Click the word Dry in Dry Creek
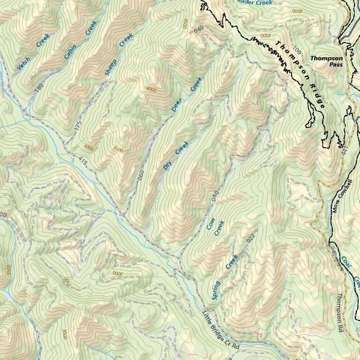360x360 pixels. click(167, 165)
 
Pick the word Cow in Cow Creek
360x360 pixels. click(210, 225)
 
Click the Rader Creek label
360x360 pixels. click(255, 2)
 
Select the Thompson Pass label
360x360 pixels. click(326, 61)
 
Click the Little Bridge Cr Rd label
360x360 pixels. click(221, 331)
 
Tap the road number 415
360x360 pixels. click(83, 160)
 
